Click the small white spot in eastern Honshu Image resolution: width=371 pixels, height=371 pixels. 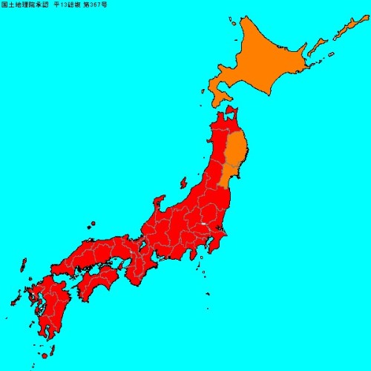203,224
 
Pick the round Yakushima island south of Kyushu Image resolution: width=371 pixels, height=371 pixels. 45,355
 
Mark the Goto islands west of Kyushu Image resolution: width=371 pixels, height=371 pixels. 15,301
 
